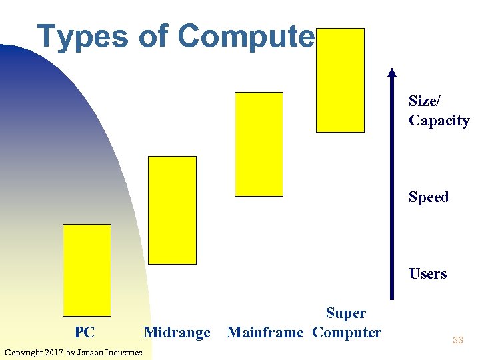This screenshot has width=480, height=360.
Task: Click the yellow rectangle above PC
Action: (x=87, y=270)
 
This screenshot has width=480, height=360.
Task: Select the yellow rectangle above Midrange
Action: (x=172, y=210)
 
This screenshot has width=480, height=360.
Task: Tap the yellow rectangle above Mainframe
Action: (x=259, y=144)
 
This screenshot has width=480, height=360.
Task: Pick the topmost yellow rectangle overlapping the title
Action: (x=340, y=80)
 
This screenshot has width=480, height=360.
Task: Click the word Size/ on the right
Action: (x=425, y=101)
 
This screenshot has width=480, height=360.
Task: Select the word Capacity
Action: (x=439, y=121)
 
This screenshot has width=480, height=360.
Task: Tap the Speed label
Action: (x=429, y=197)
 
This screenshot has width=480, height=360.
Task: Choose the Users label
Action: (x=428, y=274)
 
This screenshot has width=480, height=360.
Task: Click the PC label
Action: (x=85, y=333)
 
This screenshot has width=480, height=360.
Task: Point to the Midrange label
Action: (x=177, y=333)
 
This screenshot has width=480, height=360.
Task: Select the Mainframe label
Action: (x=265, y=333)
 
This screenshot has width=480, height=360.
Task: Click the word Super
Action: (x=346, y=313)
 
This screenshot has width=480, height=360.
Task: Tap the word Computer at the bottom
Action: (x=347, y=333)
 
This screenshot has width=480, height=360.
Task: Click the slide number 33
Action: (x=457, y=341)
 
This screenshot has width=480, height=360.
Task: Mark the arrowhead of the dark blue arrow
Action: (x=392, y=73)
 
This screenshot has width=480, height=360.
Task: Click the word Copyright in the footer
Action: (x=23, y=352)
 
